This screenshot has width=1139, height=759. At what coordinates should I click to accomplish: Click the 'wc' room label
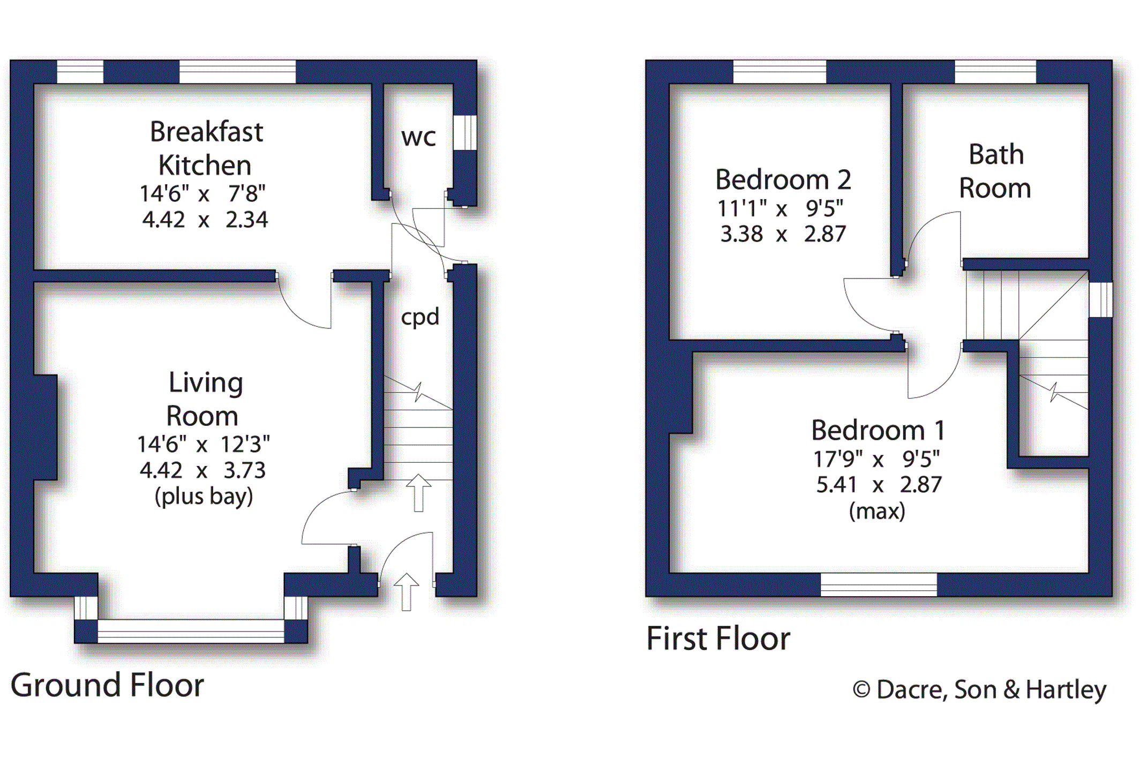tap(418, 138)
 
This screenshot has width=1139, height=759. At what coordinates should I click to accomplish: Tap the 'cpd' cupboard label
tap(420, 317)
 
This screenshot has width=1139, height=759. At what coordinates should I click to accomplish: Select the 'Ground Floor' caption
tap(107, 685)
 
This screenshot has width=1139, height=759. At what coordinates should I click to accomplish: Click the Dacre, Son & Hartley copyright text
tap(979, 689)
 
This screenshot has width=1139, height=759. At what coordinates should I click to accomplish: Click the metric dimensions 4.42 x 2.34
tap(205, 220)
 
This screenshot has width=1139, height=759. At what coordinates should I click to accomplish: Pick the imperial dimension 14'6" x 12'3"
tap(204, 444)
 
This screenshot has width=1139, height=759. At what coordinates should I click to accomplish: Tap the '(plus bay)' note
tap(204, 497)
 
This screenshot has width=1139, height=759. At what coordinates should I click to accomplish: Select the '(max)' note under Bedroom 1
tap(877, 511)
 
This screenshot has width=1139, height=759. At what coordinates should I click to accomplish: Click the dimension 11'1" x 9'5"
tap(781, 208)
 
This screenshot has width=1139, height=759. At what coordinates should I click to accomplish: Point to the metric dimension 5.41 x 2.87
tap(879, 485)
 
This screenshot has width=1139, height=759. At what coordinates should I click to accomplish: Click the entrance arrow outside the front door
tap(406, 591)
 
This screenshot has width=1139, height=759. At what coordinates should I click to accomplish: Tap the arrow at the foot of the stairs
tap(418, 493)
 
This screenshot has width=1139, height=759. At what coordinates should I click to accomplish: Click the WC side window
tap(465, 132)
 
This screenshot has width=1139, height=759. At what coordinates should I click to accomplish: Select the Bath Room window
tap(995, 72)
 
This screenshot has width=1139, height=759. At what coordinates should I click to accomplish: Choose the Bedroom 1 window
tap(879, 585)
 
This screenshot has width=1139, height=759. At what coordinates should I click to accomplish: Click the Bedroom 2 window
tap(780, 72)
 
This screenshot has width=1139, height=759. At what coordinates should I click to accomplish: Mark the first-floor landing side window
tap(1100, 300)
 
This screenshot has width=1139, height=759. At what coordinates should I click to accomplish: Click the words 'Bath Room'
tap(995, 171)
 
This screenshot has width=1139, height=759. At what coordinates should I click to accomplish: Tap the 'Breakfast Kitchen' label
tap(206, 148)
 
